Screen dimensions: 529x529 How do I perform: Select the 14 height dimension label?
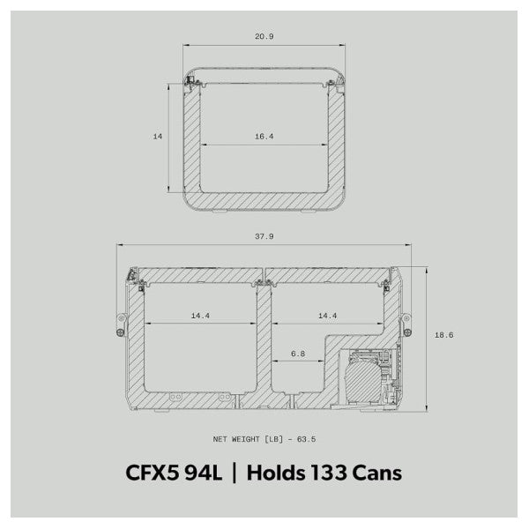click(x=158, y=137)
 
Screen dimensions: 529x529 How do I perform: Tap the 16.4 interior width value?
click(x=264, y=137)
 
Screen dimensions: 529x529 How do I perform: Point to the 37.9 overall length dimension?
click(x=264, y=236)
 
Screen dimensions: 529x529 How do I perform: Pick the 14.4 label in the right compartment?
click(x=327, y=315)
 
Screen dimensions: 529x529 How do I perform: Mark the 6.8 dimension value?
click(x=298, y=354)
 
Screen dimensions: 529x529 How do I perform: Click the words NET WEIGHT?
click(x=241, y=439)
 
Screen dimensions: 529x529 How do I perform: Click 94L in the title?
click(x=205, y=473)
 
